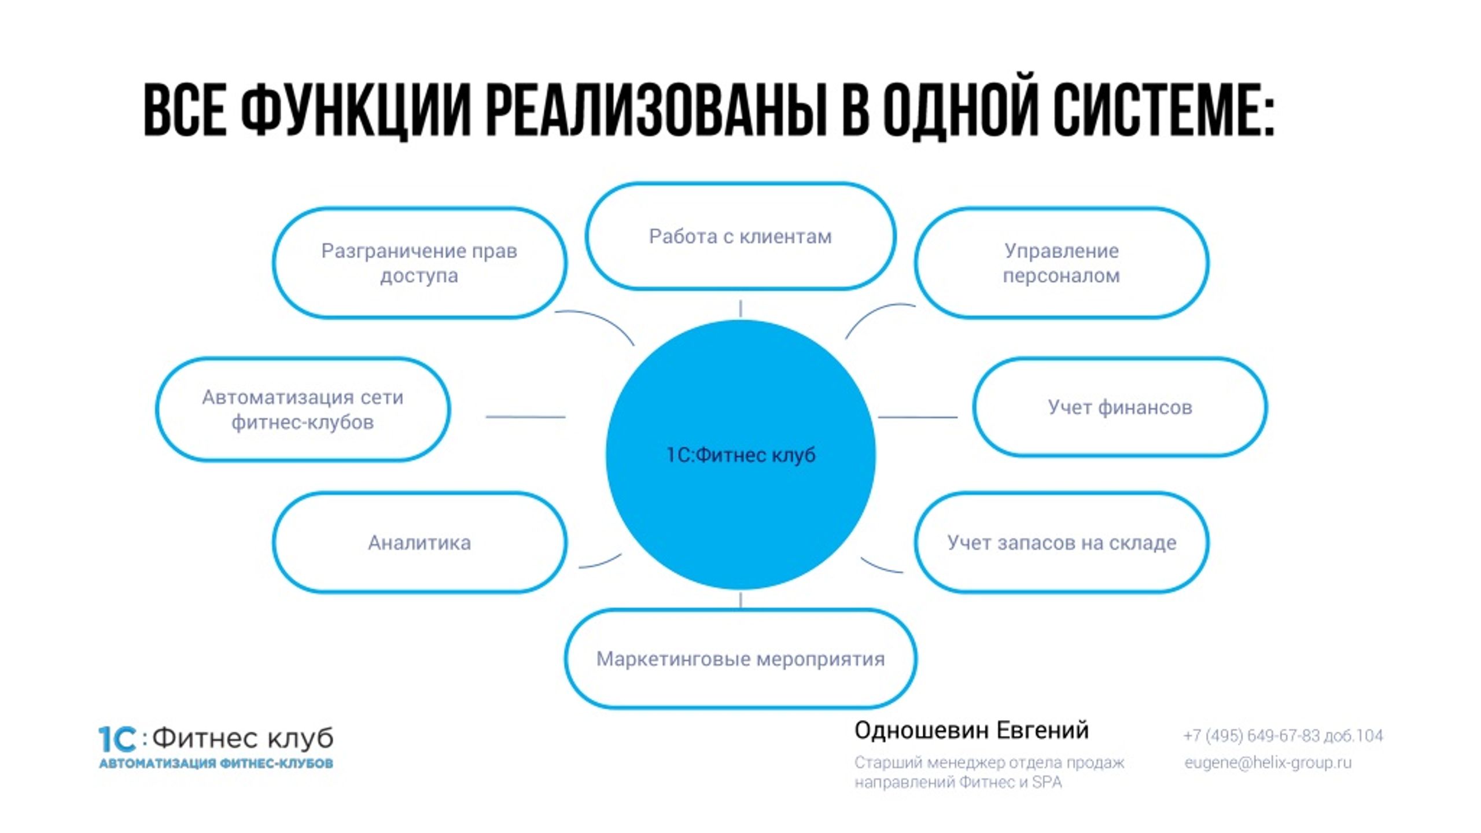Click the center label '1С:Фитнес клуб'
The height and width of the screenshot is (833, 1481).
(741, 455)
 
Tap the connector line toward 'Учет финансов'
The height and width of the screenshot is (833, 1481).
(918, 417)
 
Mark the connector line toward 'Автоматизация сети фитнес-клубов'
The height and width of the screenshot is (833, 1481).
(525, 417)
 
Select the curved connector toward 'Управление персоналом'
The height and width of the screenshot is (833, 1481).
(874, 313)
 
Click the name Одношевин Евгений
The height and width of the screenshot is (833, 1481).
(971, 731)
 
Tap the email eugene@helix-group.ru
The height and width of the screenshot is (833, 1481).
(1268, 762)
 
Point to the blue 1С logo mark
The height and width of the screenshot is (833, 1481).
(117, 739)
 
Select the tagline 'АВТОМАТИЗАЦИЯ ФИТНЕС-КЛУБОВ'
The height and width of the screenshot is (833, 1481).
(216, 764)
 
